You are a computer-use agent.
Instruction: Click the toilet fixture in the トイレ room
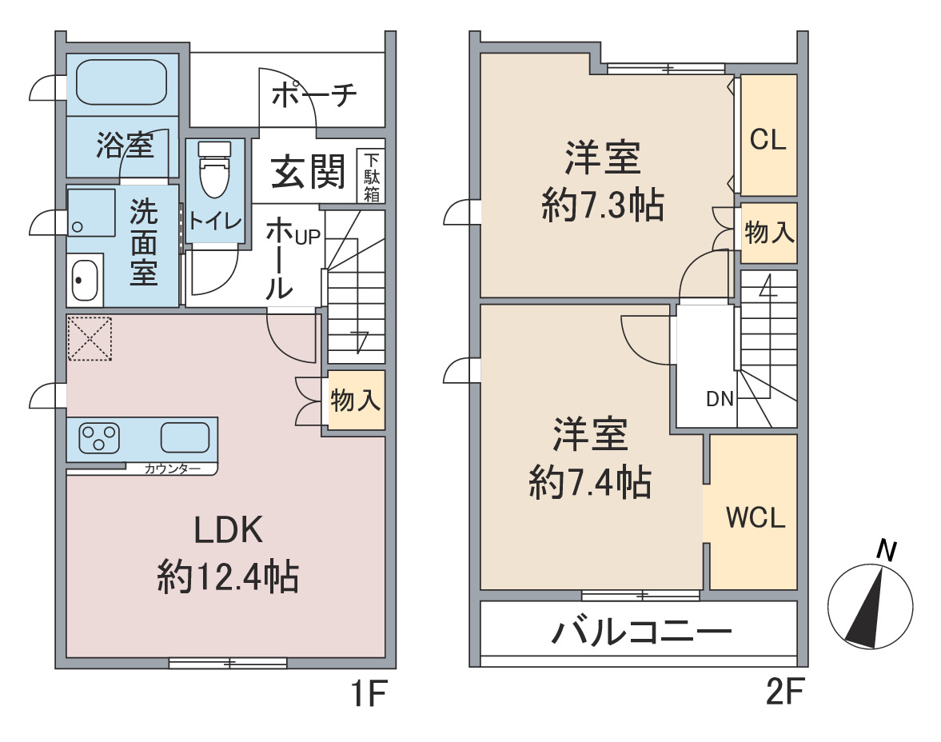213,169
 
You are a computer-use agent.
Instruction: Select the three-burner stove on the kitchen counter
99,438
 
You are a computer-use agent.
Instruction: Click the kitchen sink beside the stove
185,437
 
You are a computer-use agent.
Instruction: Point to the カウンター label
172,469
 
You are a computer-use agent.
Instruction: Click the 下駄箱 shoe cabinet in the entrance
372,176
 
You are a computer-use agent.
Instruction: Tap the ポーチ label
314,95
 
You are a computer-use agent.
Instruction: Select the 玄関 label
308,171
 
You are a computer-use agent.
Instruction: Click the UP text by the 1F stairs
307,237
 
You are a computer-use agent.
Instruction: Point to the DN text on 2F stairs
720,399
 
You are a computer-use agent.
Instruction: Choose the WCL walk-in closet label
756,517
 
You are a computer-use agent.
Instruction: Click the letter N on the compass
887,550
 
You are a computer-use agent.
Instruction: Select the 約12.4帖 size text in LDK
228,576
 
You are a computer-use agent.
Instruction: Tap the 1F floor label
369,692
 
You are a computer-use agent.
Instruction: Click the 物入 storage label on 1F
355,399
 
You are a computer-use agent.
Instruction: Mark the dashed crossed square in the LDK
90,338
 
